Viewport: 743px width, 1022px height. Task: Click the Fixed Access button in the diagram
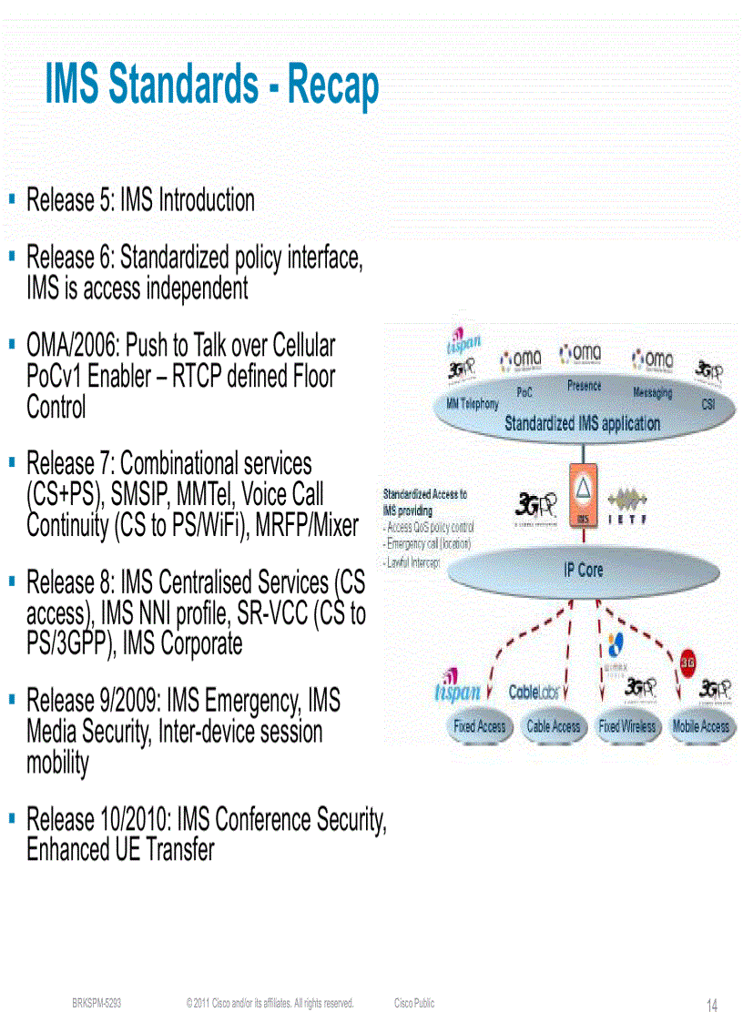point(479,726)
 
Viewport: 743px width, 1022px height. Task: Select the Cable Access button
point(553,726)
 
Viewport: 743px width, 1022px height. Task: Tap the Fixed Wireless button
point(626,726)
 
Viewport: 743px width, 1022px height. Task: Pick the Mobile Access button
point(700,726)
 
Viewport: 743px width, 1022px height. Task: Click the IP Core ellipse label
point(583,570)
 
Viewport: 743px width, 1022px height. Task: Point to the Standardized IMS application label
point(582,423)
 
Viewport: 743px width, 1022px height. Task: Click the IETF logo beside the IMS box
point(627,508)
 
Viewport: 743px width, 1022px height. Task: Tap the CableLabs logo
point(534,693)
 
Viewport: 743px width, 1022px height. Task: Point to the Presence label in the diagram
point(584,386)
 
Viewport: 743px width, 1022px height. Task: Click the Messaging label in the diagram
point(652,392)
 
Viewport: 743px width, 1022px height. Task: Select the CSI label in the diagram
point(707,403)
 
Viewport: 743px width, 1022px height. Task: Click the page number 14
point(712,1006)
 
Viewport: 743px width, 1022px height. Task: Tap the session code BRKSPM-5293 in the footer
point(97,1004)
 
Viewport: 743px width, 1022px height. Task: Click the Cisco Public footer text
point(414,1004)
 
